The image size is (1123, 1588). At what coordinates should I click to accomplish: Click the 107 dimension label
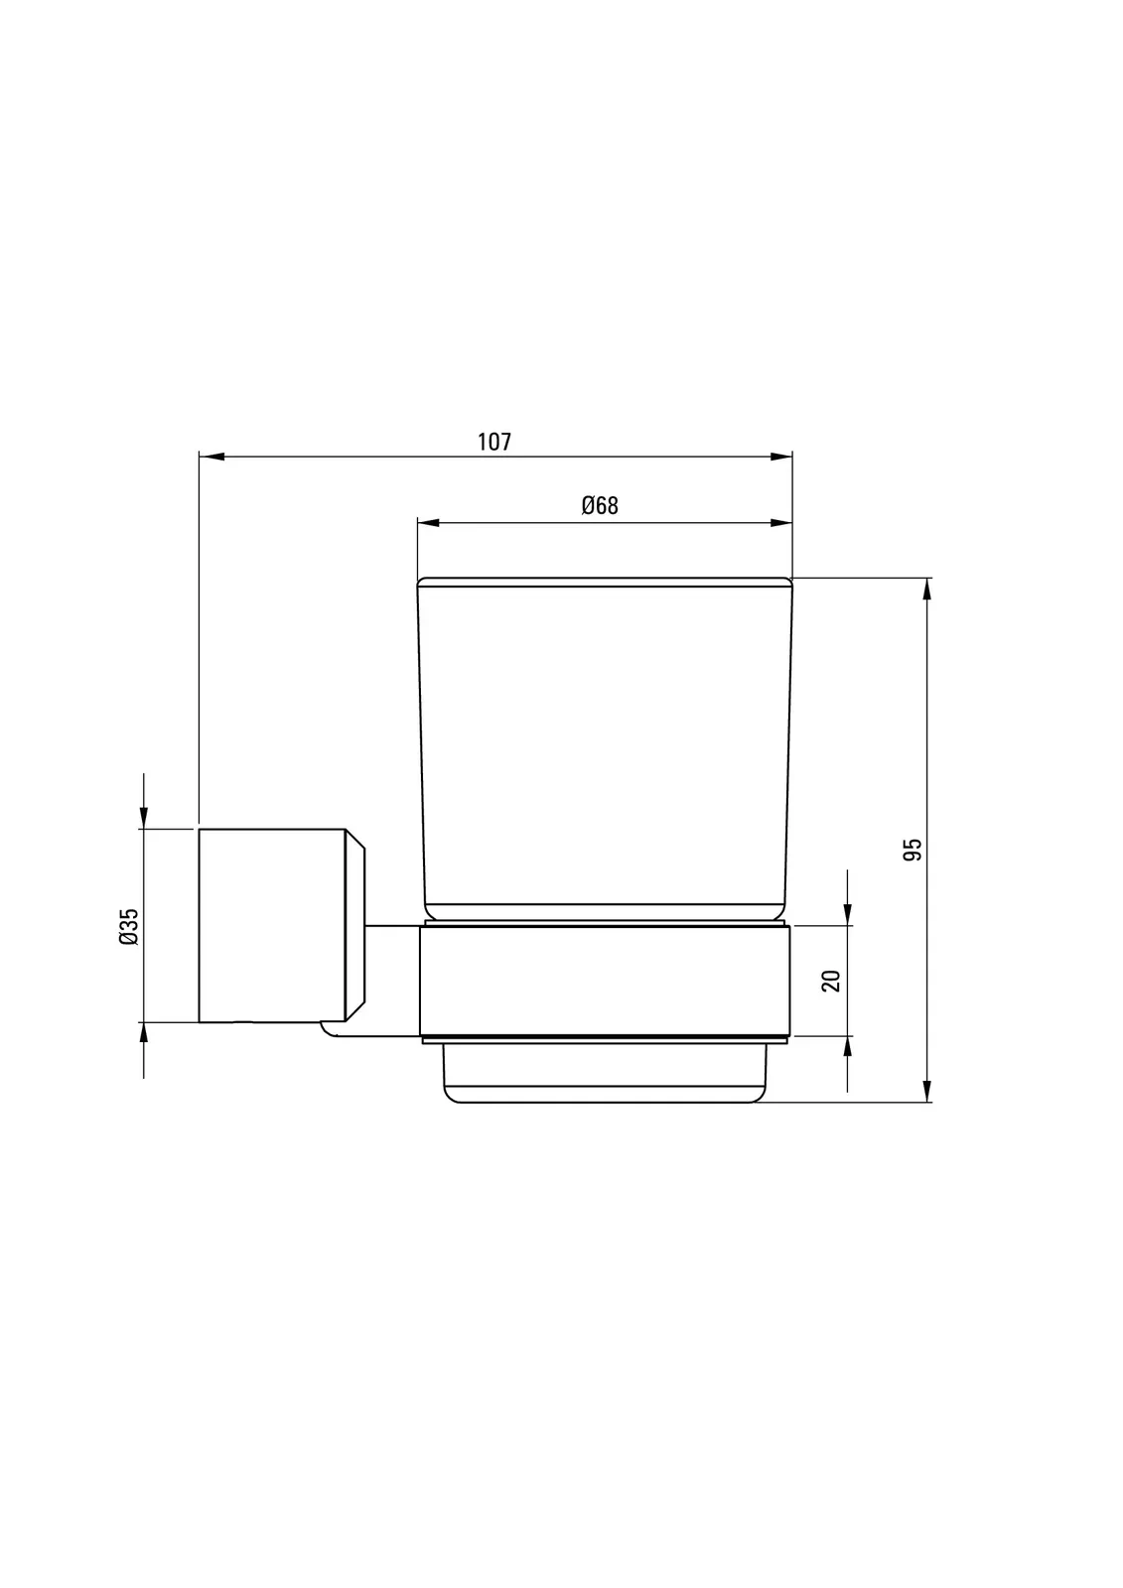pyautogui.click(x=493, y=442)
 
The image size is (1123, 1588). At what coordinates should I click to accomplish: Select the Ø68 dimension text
pyautogui.click(x=600, y=505)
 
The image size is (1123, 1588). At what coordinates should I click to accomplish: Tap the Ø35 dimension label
pyautogui.click(x=130, y=927)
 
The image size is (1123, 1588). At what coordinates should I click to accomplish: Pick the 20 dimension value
pyautogui.click(x=831, y=981)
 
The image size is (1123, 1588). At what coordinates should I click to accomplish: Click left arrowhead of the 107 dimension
pyautogui.click(x=211, y=458)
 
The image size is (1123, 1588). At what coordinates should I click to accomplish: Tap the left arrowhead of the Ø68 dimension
pyautogui.click(x=430, y=523)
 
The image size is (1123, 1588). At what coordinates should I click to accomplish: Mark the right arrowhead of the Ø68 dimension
pyautogui.click(x=780, y=523)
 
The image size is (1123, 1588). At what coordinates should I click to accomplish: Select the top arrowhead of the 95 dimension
pyautogui.click(x=927, y=591)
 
